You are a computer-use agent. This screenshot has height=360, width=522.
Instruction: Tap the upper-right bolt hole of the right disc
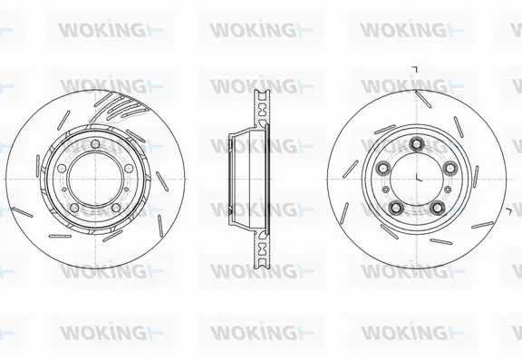pyautogui.click(x=449, y=166)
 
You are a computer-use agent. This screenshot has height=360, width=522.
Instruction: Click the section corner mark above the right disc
pyautogui.click(x=415, y=70)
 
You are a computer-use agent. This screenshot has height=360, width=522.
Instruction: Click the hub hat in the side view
pyautogui.click(x=237, y=177)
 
